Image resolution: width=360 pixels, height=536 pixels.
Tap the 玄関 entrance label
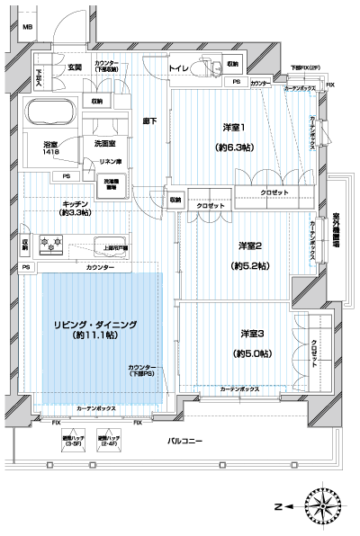point(74,67)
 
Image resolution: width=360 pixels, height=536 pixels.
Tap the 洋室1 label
point(238,128)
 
